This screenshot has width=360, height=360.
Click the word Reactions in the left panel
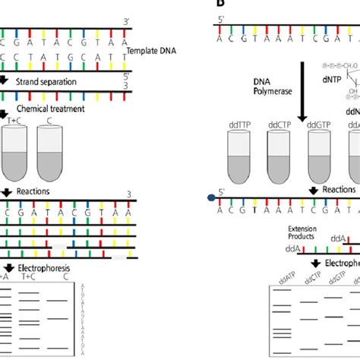(x=33, y=191)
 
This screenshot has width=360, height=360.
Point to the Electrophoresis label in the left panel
(x=41, y=267)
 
